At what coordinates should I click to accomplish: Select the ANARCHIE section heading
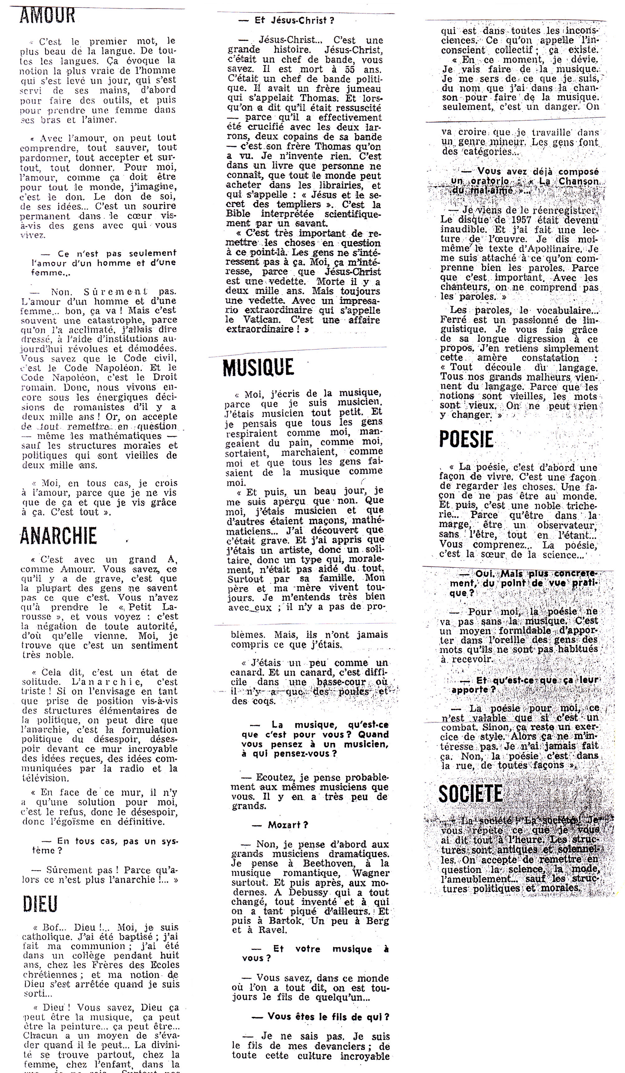pyautogui.click(x=58, y=536)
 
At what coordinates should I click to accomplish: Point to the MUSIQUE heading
pyautogui.click(x=258, y=367)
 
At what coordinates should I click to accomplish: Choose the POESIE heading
pyautogui.click(x=466, y=440)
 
